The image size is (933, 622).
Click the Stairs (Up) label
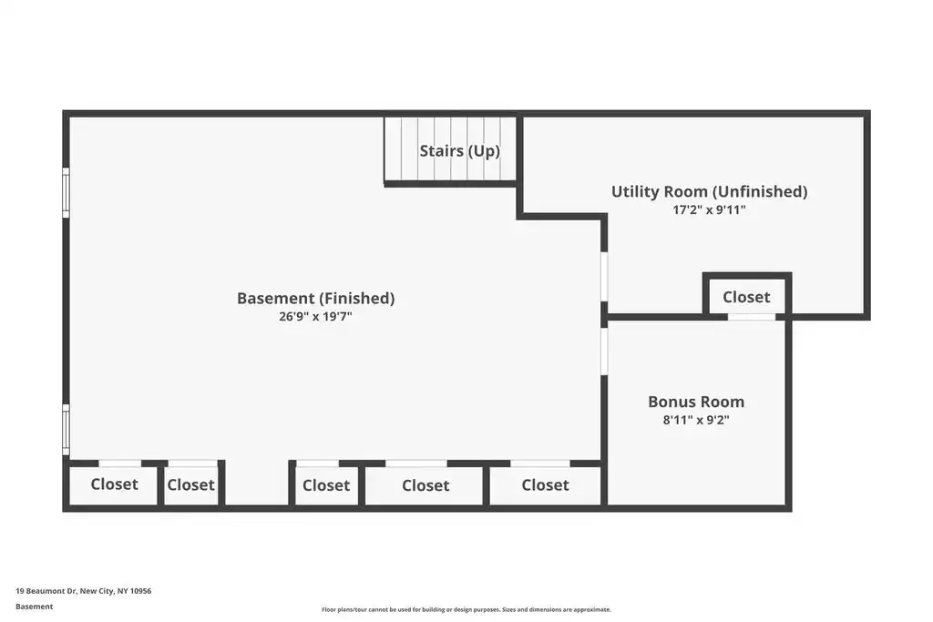tap(459, 151)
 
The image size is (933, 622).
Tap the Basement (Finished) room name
tap(315, 298)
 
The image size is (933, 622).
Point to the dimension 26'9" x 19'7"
tap(315, 316)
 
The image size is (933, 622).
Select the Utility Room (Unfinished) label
tap(709, 191)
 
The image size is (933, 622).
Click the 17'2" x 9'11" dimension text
tap(709, 209)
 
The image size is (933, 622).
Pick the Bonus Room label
tap(696, 402)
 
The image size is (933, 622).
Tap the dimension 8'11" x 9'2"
tap(696, 421)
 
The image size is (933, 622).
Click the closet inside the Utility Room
tap(747, 296)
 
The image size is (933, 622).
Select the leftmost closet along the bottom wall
tap(114, 485)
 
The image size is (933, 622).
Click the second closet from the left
tap(191, 485)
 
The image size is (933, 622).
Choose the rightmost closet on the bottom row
tap(545, 485)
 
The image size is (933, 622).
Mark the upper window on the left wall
tap(66, 192)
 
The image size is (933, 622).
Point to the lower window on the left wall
tap(66, 430)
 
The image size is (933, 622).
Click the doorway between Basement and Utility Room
tap(604, 277)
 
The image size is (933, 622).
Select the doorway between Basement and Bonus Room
tap(604, 351)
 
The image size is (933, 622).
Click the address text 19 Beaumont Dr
tap(46, 591)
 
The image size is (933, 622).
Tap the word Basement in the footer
tap(34, 607)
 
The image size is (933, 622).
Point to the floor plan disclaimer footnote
tap(466, 609)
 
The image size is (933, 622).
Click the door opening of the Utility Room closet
tap(752, 317)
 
